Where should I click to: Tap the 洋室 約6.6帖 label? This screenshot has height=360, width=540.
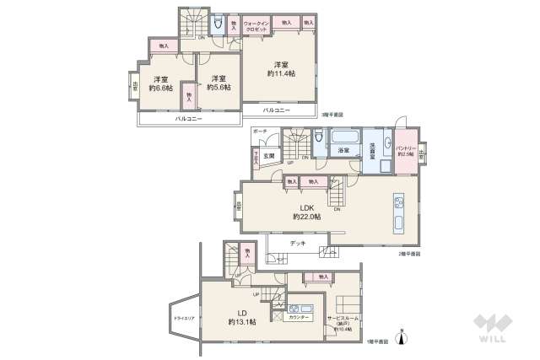click(160, 83)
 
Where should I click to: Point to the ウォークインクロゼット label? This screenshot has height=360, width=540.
click(256, 26)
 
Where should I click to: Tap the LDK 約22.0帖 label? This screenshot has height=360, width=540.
click(307, 211)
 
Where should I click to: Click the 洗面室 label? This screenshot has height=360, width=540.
click(372, 152)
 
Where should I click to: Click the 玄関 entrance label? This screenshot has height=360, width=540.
click(268, 157)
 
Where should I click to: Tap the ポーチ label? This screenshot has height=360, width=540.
click(260, 132)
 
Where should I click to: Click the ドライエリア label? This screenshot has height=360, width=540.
click(185, 319)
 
